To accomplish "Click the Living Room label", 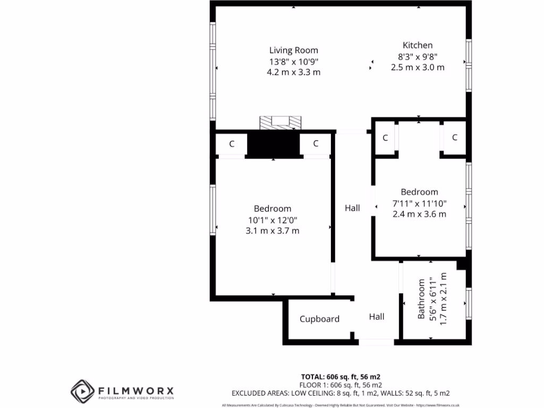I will pos(293,50).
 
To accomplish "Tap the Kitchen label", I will pos(417,46).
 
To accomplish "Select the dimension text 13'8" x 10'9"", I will pos(293,62).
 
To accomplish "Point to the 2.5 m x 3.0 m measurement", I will pos(417,67).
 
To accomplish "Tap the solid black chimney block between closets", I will pos(274,144).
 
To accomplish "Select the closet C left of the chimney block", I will pos(232,143).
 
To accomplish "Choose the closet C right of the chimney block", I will pos(315,143).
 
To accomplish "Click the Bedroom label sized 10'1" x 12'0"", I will pos(272,209).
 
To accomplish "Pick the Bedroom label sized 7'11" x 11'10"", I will pos(419,192).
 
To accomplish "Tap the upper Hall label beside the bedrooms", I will pos(352,208).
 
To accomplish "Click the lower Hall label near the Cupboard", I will pos(377,317).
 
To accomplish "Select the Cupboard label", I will pos(319,319).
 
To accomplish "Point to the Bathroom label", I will pos(421,299).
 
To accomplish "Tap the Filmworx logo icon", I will pos(82,392).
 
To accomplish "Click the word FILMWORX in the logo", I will pos(135,390).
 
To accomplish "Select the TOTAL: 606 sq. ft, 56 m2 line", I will pos(341,376).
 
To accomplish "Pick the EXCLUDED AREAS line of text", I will pos(341,393).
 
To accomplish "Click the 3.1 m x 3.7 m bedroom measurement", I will pos(272,231).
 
